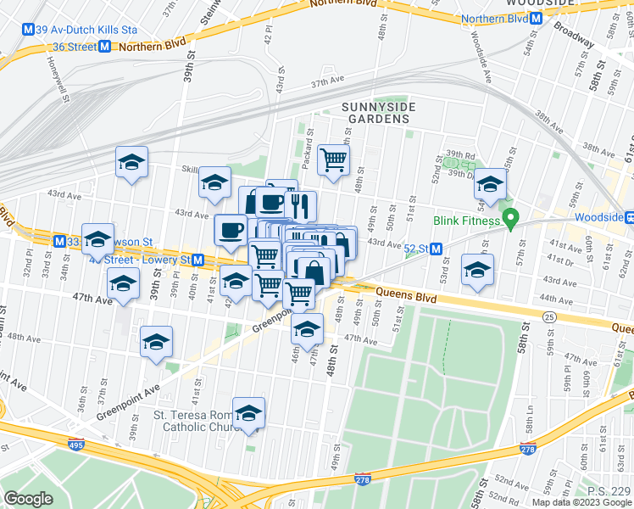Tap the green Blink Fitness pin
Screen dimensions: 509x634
[x=509, y=221]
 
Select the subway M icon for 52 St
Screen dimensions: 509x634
[x=437, y=249]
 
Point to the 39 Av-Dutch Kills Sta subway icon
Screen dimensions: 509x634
[x=29, y=29]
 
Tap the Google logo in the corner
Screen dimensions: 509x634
[x=28, y=498]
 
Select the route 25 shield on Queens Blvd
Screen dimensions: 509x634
[x=549, y=316]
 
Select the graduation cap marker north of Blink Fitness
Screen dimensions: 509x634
[x=490, y=182]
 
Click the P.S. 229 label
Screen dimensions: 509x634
[x=609, y=491]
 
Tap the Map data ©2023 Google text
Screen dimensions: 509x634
[x=580, y=501]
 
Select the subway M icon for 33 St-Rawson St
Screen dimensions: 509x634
[x=58, y=241]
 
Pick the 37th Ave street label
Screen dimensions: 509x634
[x=329, y=83]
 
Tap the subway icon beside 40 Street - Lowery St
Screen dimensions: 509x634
[x=197, y=259]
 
